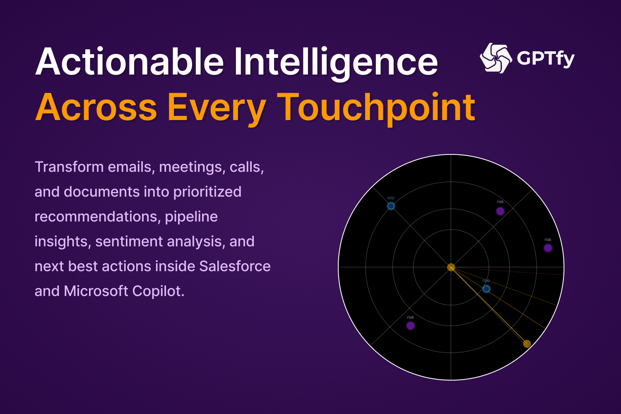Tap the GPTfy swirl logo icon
[x=496, y=58]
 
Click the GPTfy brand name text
[x=546, y=58]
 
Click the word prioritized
[x=207, y=192]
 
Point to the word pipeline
[x=191, y=217]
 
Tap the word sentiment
[x=129, y=241]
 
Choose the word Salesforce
[x=235, y=266]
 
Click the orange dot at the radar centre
[x=451, y=267]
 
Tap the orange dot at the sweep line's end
[x=527, y=344]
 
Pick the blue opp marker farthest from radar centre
[x=391, y=206]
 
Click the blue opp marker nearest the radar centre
[x=486, y=289]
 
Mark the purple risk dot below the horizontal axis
[x=410, y=325]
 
